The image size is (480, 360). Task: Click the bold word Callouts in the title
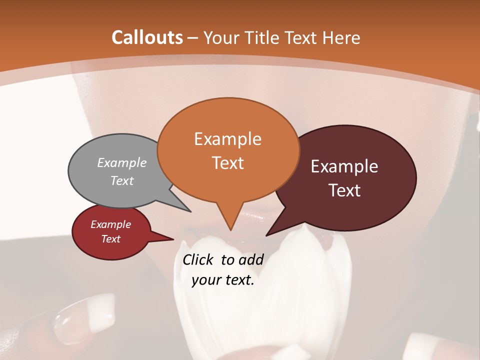point(147,37)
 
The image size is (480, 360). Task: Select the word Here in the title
point(341,37)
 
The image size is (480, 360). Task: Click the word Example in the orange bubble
point(227,139)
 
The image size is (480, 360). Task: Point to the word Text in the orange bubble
point(228,163)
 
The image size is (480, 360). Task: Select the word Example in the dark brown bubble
point(344,166)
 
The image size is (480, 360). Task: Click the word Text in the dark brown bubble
point(345,190)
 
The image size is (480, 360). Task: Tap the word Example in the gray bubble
point(122,162)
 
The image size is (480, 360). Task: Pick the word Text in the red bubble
point(111,239)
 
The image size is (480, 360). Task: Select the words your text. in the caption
point(223,280)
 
